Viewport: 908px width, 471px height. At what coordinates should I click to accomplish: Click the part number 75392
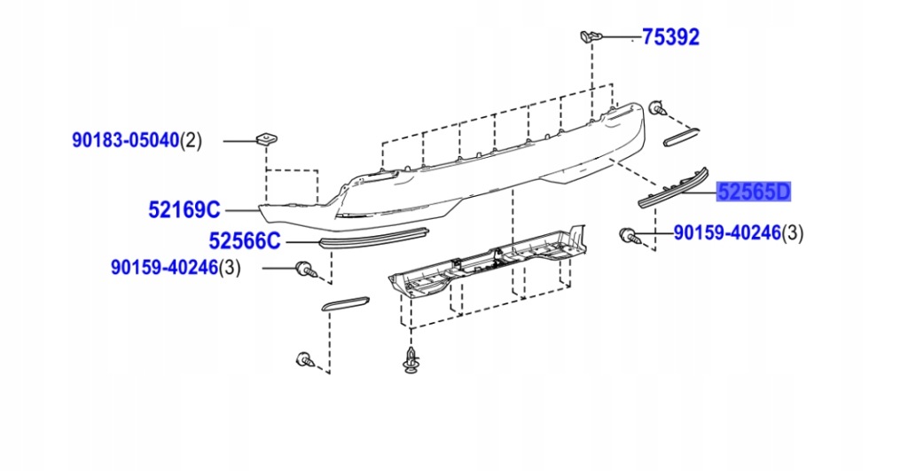coord(670,37)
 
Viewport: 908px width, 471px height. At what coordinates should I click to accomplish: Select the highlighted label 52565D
coord(754,192)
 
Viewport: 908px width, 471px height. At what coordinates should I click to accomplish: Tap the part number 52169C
coord(184,210)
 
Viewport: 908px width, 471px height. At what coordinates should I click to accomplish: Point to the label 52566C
coord(245,240)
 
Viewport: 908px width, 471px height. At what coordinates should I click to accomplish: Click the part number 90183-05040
coord(126,140)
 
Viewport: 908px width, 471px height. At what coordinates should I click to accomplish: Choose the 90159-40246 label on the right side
coord(726,233)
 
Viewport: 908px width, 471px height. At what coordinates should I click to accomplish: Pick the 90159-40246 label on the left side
coord(164,267)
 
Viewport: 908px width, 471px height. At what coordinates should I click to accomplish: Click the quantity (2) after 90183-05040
coord(192,140)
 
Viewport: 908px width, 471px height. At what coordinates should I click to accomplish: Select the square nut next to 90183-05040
coord(263,138)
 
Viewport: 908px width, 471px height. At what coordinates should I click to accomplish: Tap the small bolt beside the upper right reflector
coord(657,108)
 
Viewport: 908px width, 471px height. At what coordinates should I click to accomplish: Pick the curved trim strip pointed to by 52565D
coord(674,187)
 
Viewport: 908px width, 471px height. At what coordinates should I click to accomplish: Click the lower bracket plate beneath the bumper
coord(488,261)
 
